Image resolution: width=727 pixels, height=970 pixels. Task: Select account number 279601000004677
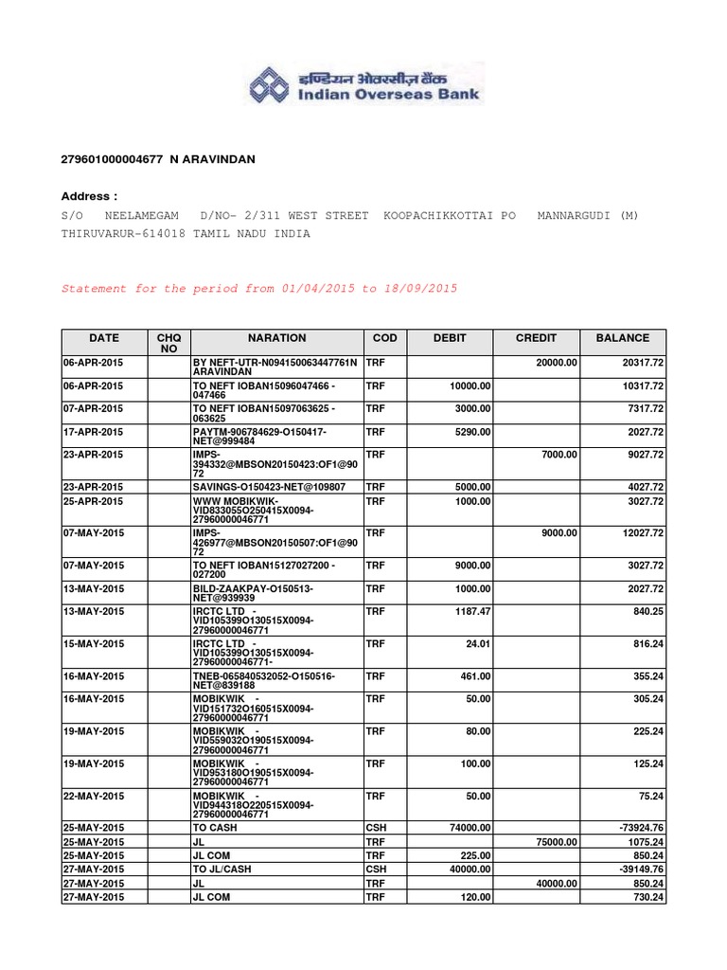pos(114,161)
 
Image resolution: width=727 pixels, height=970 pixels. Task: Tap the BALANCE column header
pos(623,337)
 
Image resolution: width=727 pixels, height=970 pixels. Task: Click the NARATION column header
pos(277,337)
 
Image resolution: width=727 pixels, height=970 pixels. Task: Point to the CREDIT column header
pos(536,337)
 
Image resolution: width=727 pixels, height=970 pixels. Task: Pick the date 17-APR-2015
pos(94,431)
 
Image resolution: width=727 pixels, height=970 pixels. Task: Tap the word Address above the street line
pos(89,196)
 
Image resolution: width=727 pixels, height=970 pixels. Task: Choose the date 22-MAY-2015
pos(94,796)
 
